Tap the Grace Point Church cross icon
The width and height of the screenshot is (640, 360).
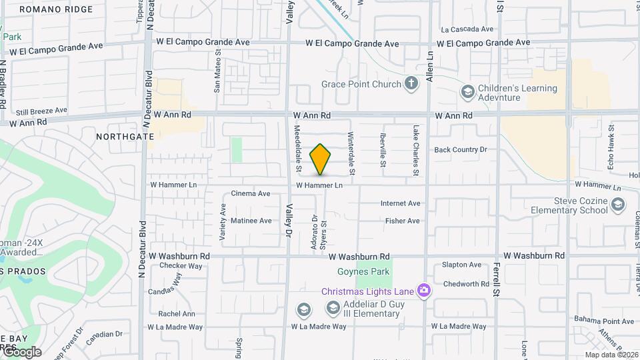pos(412,84)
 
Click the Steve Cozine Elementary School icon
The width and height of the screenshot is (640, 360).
pos(618,204)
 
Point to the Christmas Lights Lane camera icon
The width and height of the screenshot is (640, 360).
pos(423,291)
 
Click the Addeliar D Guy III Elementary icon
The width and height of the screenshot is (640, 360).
pos(333,308)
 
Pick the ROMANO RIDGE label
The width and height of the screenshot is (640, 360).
pos(57,9)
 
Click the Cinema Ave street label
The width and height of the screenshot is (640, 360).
pos(250,194)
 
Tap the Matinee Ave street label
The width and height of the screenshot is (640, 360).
pos(251,221)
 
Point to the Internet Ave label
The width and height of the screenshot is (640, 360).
pos(400,203)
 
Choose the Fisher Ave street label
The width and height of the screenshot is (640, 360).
pos(403,221)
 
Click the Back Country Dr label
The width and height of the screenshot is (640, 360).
pos(461,150)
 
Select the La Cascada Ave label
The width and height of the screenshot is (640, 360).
pos(467,29)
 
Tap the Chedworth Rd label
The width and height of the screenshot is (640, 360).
pos(466,284)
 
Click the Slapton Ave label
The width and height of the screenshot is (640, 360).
pos(461,265)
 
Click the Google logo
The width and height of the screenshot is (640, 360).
pos(21,352)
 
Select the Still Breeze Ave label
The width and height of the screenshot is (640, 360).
pos(41,111)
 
